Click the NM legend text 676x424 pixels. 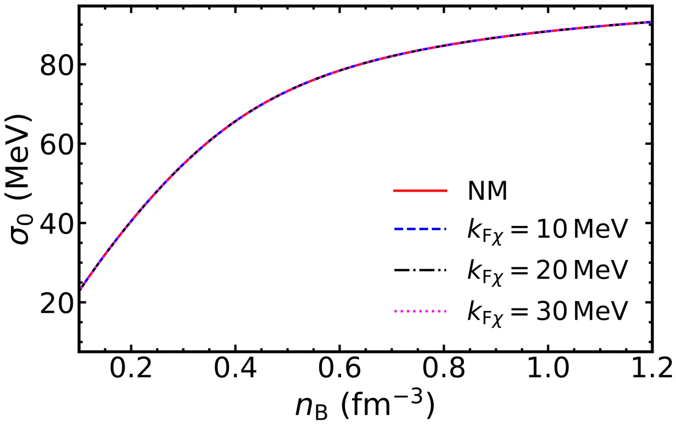click(487, 191)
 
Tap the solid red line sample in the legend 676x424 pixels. click(420, 191)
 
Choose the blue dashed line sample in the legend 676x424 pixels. click(420, 230)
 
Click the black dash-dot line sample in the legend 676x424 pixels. click(420, 270)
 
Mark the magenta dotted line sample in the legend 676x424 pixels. click(420, 311)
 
